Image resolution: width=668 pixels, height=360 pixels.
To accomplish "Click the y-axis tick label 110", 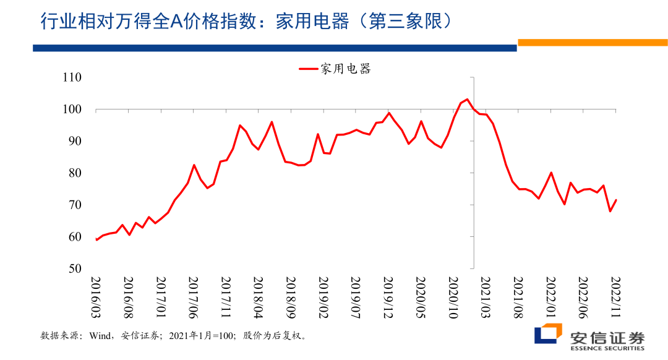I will tap(72, 78).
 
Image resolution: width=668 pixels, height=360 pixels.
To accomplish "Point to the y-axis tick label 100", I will tap(72, 110).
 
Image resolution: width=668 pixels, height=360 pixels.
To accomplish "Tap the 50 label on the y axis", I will tap(75, 268).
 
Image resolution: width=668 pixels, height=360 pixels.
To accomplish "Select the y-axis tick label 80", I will tap(75, 173).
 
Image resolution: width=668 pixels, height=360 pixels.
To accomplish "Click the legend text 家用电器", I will tap(346, 69).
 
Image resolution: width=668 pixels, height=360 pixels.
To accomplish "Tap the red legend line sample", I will tap(307, 69).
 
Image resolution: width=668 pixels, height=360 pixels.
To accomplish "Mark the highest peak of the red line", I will tap(467, 100).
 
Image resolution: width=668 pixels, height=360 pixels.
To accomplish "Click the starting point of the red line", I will tap(96, 239).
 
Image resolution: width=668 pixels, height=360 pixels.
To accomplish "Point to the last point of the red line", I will tap(616, 200).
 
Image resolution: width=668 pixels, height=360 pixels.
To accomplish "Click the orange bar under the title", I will tap(592, 43).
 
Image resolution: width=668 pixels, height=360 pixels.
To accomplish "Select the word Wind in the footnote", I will tap(100, 336).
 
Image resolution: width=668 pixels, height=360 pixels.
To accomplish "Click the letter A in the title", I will tap(176, 22).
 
